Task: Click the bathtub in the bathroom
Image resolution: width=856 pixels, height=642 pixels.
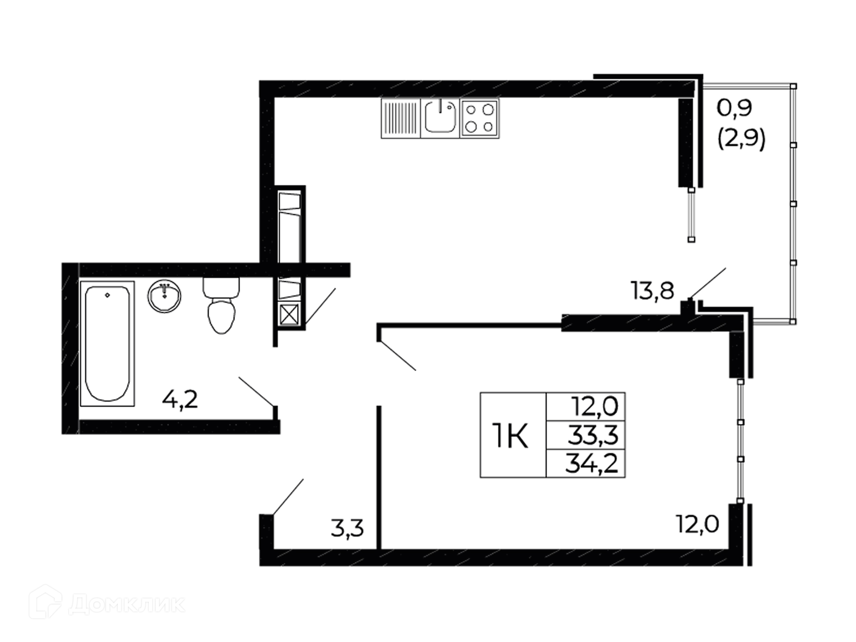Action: [107, 343]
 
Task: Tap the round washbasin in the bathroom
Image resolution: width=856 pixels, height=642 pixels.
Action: [165, 296]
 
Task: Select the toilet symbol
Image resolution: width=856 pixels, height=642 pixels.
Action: [221, 305]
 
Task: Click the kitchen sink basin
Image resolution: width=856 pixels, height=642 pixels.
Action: [440, 118]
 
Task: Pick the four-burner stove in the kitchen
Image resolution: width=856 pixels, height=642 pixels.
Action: [480, 118]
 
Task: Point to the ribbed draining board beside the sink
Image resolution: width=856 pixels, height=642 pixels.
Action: [401, 118]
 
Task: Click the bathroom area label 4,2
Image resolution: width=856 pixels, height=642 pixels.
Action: [180, 399]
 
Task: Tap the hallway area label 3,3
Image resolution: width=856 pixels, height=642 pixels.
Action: [347, 528]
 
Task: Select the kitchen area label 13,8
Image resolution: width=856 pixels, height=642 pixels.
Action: [652, 291]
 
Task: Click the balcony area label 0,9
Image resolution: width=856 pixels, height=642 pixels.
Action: [734, 108]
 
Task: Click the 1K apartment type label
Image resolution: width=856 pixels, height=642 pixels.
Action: [510, 436]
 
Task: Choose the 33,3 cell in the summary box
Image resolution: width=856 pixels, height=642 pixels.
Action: [593, 435]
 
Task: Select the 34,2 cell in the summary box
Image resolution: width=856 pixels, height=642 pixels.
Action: [592, 464]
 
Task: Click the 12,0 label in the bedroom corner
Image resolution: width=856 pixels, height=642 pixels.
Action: [698, 524]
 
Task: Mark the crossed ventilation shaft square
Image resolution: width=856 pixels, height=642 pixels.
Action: [289, 315]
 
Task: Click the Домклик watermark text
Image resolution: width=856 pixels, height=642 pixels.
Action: [127, 605]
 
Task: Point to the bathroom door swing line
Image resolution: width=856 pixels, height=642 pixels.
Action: [256, 391]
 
